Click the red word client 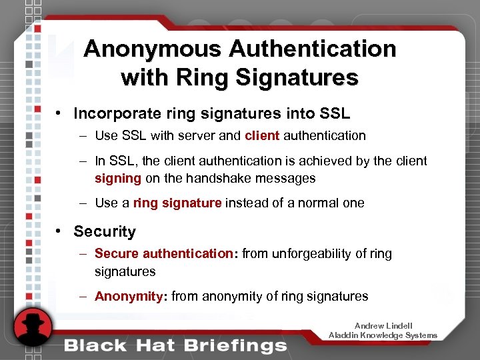click(x=262, y=135)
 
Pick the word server click(x=199, y=135)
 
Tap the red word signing click(x=118, y=178)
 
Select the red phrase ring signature click(x=177, y=203)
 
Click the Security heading click(x=105, y=231)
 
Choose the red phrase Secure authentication click(x=164, y=253)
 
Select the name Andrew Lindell click(x=383, y=326)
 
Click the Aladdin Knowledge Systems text click(x=383, y=335)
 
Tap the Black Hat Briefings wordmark click(x=175, y=346)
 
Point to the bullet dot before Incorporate click(x=60, y=113)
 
